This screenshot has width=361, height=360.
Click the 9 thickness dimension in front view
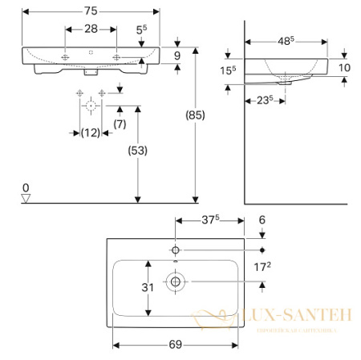[x=189, y=55]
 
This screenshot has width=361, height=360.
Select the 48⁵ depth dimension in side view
[x=286, y=38]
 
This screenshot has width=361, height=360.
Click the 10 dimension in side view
[x=344, y=67]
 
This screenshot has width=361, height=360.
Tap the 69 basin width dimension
[x=175, y=345]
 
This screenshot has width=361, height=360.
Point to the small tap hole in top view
[x=175, y=250]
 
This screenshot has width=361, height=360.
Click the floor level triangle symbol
[x=26, y=197]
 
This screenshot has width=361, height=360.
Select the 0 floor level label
[x=26, y=187]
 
